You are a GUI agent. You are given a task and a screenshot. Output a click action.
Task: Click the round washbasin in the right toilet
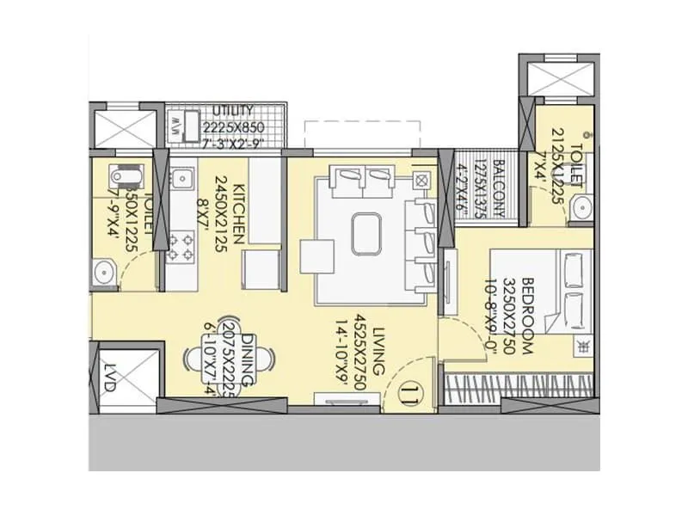click(x=581, y=207)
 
